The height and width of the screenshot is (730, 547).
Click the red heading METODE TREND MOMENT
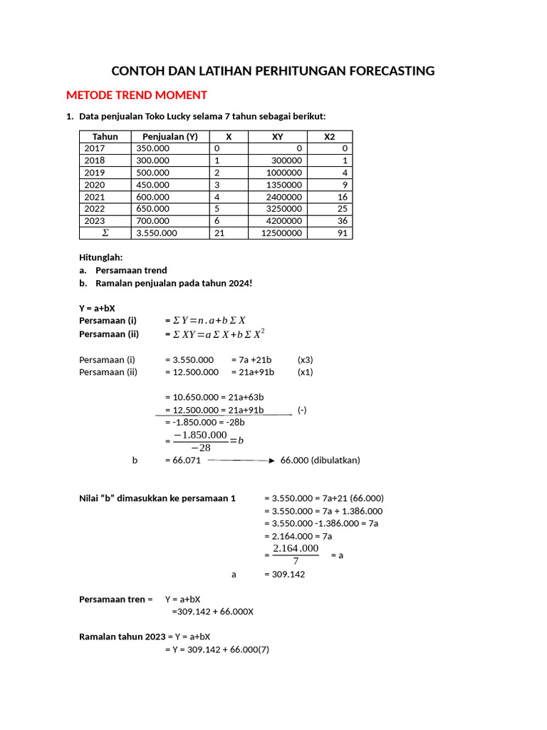(x=136, y=95)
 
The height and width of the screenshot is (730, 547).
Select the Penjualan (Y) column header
(x=170, y=136)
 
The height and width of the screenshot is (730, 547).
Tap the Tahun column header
(x=105, y=136)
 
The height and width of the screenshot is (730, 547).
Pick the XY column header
(x=278, y=136)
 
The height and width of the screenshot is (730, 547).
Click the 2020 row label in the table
(x=94, y=185)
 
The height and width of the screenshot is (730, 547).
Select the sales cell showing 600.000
(x=152, y=197)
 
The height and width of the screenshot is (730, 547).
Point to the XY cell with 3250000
(x=283, y=209)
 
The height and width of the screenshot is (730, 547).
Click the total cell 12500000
(x=281, y=233)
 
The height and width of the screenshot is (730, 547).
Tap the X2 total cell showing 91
(x=343, y=233)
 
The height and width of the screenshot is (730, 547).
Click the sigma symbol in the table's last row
(x=105, y=233)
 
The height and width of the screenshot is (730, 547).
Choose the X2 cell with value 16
(x=343, y=197)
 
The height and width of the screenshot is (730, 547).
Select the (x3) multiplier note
(x=305, y=359)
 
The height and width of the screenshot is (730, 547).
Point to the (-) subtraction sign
(x=302, y=410)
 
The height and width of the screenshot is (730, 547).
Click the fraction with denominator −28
(x=200, y=441)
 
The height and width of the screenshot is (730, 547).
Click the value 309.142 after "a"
(x=284, y=574)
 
